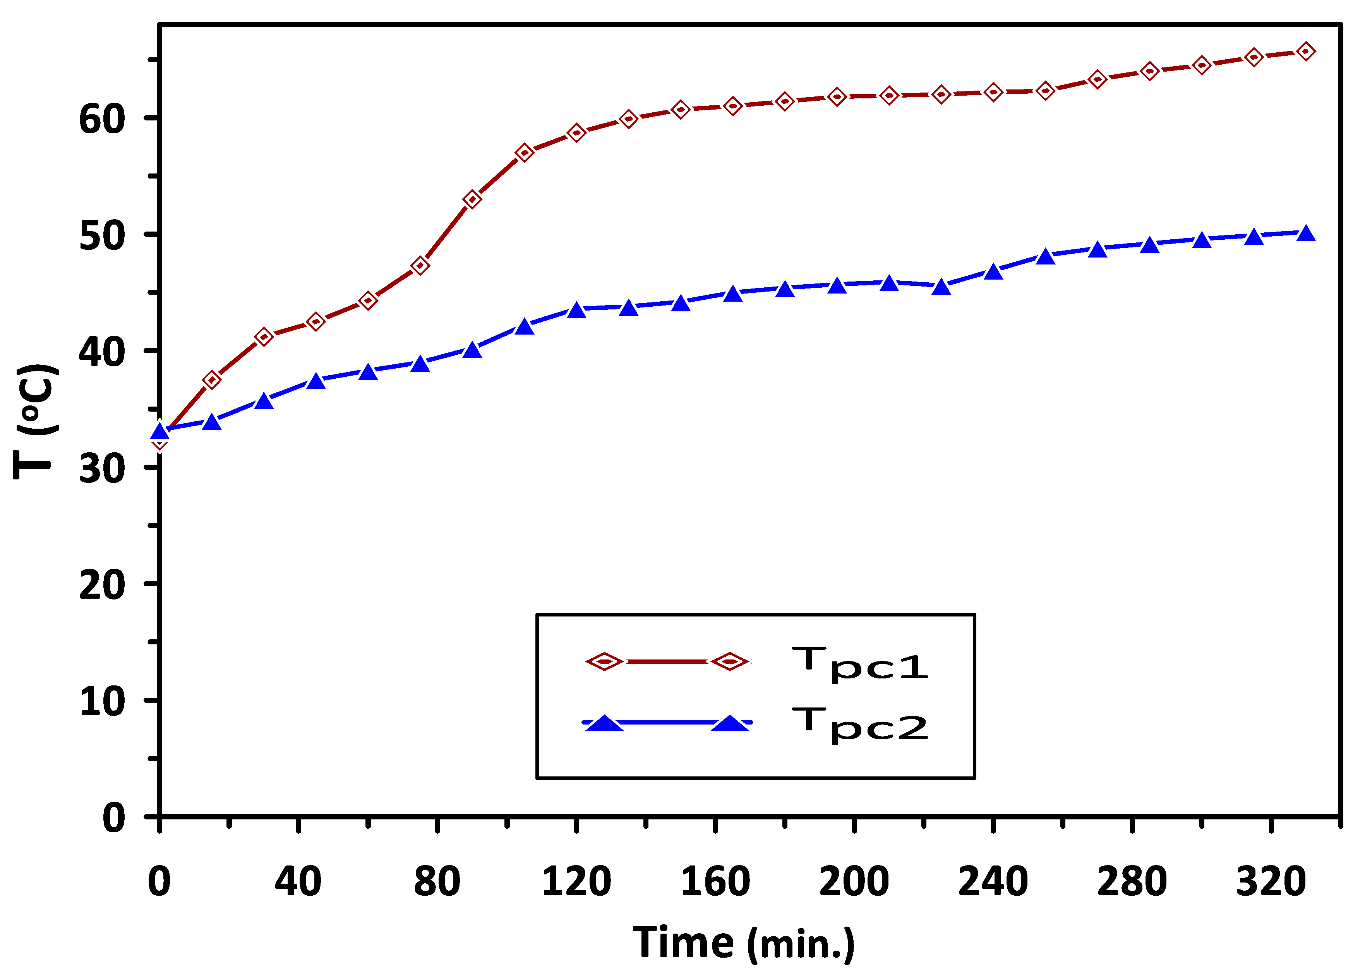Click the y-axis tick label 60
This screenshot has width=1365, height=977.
tap(102, 119)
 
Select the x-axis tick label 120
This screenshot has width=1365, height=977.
tap(576, 881)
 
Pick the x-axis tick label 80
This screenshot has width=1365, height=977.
tap(437, 881)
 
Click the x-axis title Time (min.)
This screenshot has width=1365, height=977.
tap(743, 943)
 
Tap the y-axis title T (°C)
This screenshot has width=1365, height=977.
tap(36, 421)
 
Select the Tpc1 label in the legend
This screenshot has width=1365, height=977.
tap(860, 664)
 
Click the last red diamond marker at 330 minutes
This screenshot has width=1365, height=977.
tap(1305, 52)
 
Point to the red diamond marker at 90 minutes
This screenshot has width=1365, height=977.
tap(472, 199)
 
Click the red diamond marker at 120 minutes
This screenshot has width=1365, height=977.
tap(576, 133)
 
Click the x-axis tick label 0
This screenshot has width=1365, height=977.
tap(159, 881)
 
